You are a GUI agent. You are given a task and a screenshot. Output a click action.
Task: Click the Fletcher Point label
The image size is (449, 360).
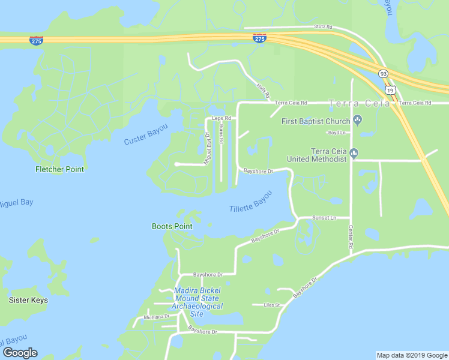pos(59,169)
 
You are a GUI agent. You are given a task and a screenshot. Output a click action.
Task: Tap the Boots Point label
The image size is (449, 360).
pos(172,226)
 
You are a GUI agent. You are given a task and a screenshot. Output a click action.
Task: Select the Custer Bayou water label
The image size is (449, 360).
pos(146,135)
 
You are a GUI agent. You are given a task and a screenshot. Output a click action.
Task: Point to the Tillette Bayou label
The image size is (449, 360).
pos(251,201)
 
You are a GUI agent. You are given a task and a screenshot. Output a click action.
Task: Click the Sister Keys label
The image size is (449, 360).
pos(28,300)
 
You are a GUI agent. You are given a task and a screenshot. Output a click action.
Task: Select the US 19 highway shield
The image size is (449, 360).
pos(391,90)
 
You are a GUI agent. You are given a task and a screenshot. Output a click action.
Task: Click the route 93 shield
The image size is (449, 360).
pos(383,73)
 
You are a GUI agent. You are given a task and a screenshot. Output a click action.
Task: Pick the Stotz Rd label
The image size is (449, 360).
pos(323,28)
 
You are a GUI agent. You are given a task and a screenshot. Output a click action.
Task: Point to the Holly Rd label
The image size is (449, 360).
pos(263,91)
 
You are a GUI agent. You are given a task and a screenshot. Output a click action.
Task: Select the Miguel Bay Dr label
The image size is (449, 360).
pos(208,148)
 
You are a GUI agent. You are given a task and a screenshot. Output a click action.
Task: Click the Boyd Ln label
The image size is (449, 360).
pos(335,133)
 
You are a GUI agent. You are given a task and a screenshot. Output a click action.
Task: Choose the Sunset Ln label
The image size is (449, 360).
pos(325,218)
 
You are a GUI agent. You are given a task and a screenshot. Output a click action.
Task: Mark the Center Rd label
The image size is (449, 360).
pos(351,236)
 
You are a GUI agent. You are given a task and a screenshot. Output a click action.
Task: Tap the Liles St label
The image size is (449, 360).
pos(272,305)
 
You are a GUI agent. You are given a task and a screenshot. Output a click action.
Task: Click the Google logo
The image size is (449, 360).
pos(20,353)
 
